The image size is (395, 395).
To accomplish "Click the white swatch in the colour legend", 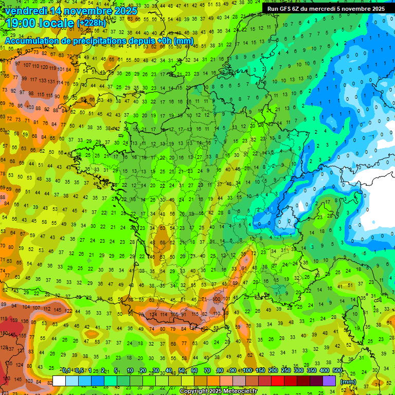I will point(59,381).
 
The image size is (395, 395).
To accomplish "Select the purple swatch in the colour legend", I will point(329,381).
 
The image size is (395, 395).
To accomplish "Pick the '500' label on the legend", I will point(337,371).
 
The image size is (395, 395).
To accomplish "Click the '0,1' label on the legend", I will point(66,371).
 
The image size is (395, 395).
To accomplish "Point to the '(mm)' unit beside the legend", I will point(348,382).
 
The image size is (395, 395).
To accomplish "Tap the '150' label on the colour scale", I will point(260,371).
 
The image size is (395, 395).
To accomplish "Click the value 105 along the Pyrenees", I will point(175,314).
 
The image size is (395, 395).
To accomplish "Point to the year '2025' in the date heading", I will point(125,11).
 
